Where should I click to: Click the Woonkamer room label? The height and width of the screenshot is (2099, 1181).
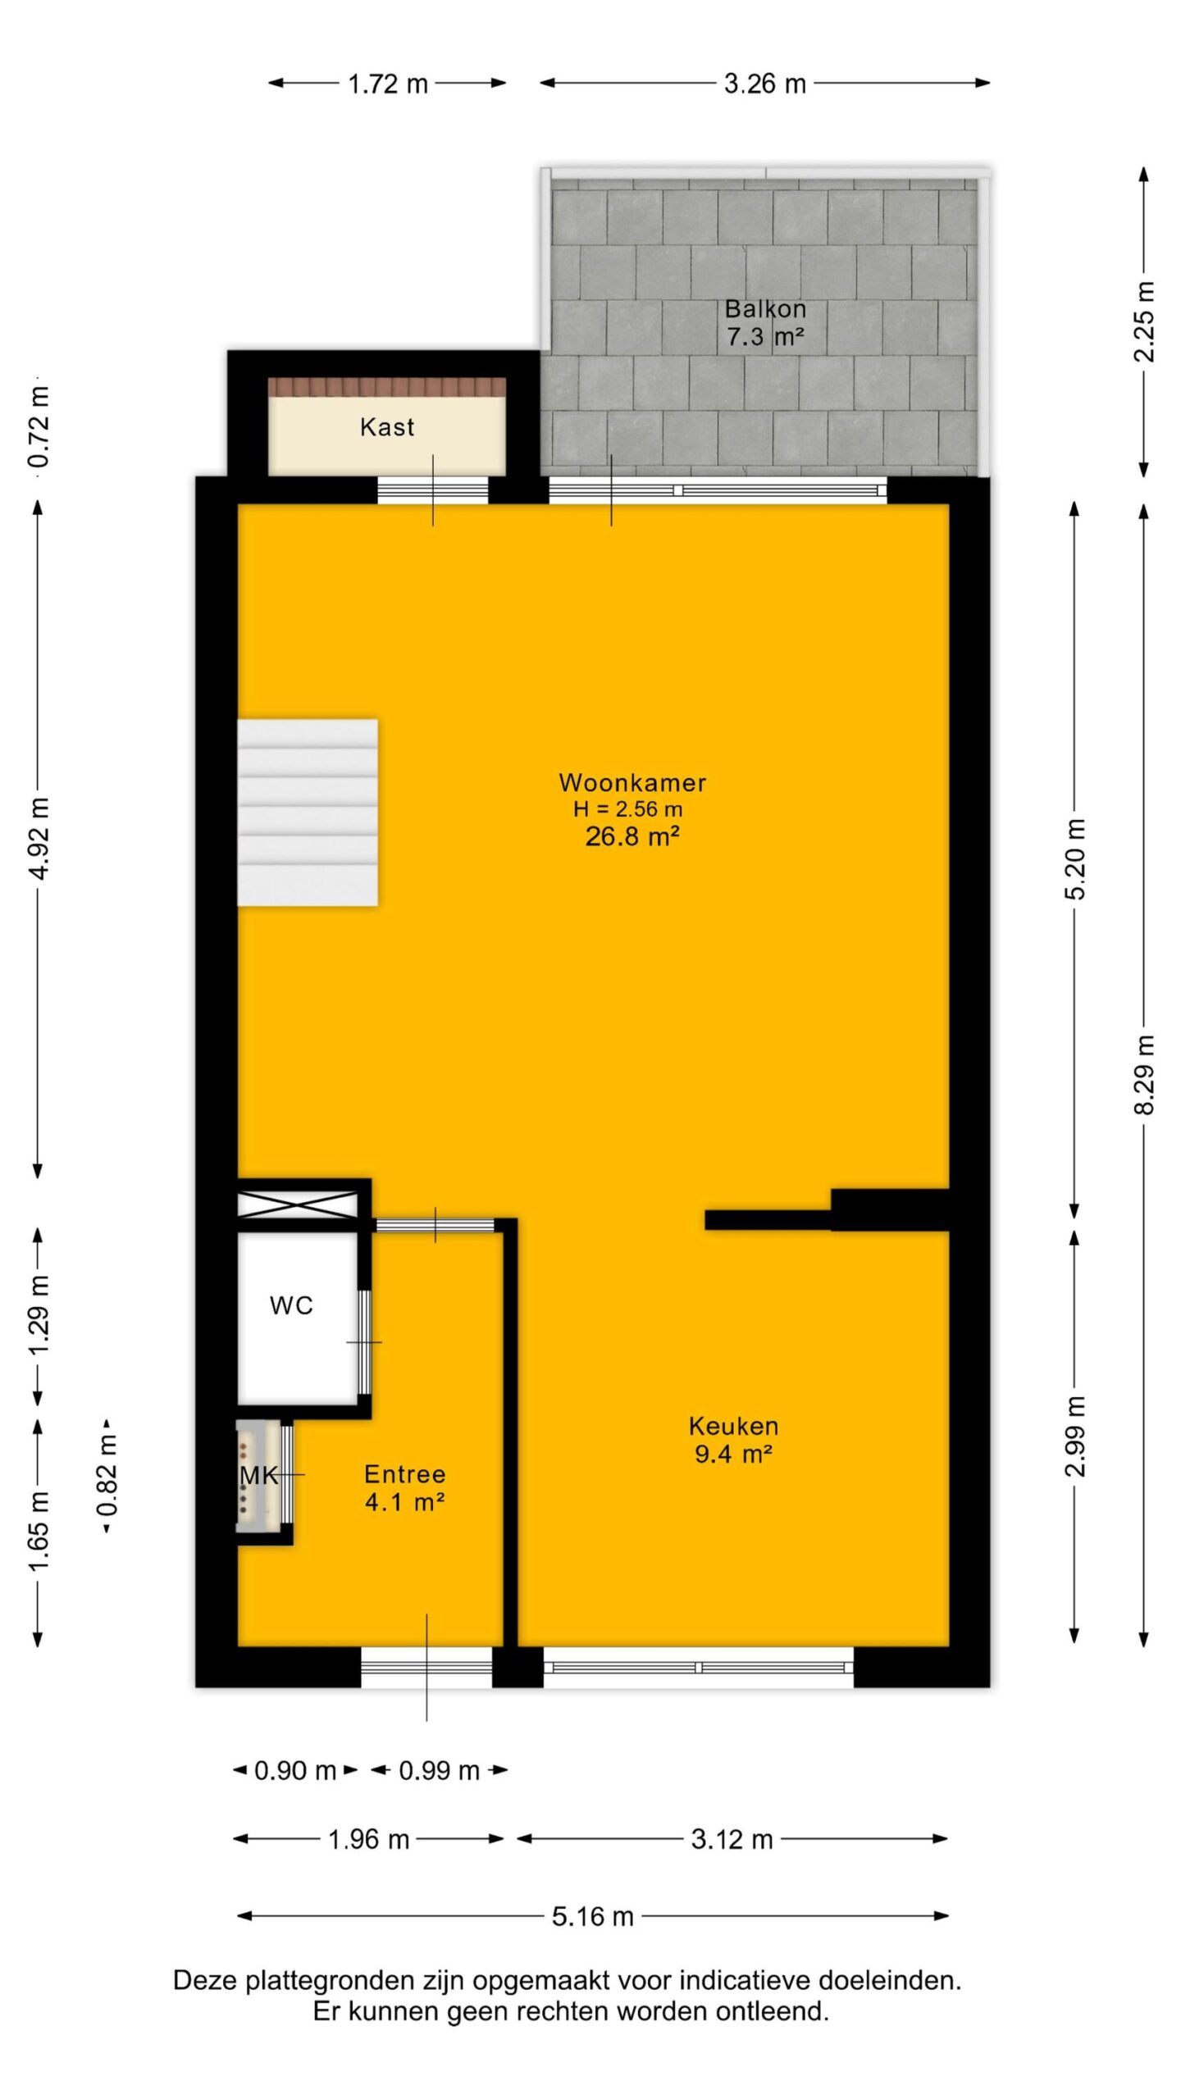point(632,782)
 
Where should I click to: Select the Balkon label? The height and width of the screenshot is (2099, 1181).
point(765,309)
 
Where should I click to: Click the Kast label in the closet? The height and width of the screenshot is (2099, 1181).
point(387,426)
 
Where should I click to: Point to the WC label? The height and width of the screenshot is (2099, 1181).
point(291,1305)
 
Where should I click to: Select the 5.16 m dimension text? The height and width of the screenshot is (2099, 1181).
point(593,1916)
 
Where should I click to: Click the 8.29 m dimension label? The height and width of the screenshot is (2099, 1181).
point(1145,1075)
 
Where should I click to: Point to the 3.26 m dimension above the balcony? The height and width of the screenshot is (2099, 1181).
point(765,84)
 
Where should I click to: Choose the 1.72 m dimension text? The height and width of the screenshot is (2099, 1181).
point(388,84)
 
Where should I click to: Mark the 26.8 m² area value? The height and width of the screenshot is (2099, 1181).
point(632,836)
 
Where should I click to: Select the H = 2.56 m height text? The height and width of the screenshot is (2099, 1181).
point(628,809)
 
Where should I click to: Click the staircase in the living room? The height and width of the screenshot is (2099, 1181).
point(308,813)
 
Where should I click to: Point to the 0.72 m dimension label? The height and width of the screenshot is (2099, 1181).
point(39,425)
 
